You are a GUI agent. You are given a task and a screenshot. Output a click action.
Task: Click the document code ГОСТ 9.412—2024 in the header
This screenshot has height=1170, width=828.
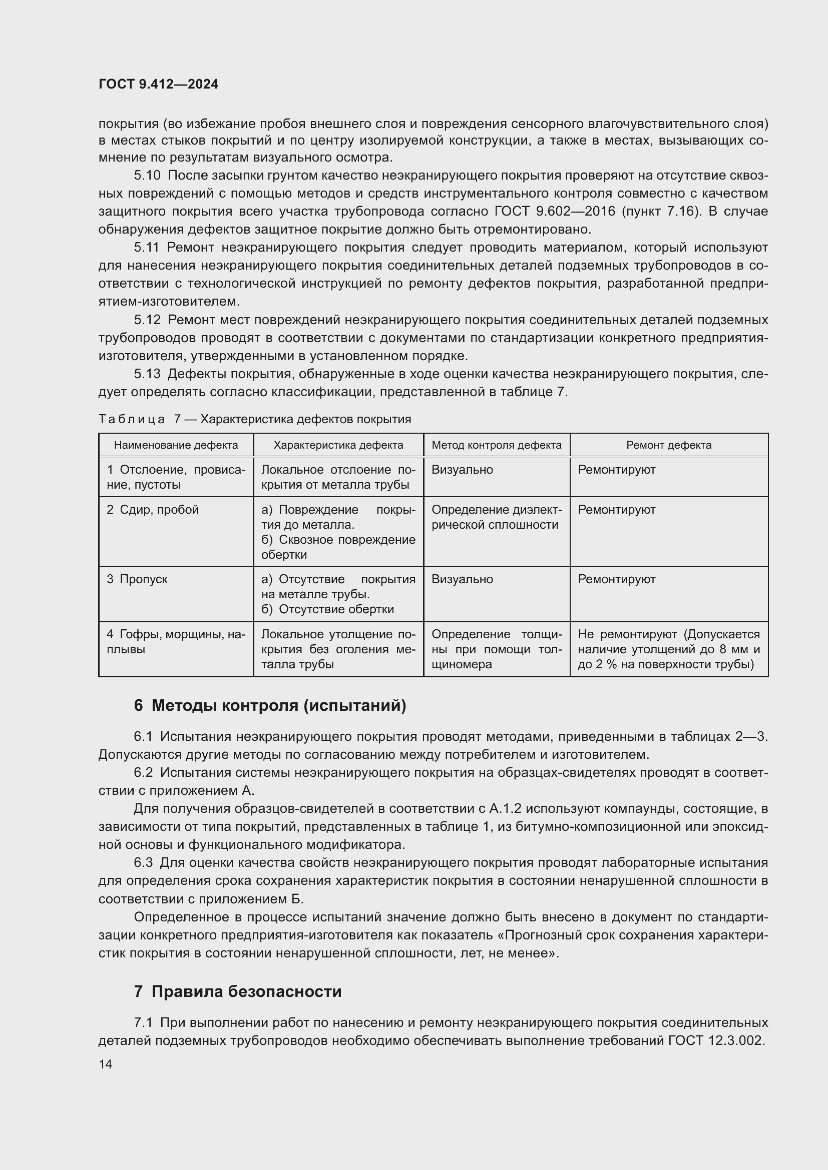coord(158,84)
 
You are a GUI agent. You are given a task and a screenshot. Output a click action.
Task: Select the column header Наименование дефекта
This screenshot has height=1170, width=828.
coord(176,445)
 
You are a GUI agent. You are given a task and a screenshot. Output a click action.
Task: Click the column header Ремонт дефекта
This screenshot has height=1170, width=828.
coord(668,445)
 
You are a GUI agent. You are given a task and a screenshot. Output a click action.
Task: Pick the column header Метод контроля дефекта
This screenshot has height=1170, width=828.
coord(496,445)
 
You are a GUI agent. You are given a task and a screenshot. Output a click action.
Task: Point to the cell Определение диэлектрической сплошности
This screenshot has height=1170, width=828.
coord(496,517)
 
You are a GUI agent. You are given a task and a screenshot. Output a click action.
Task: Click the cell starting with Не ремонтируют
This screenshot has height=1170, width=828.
coord(668,649)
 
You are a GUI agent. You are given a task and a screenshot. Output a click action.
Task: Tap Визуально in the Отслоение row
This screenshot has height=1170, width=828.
coord(462,469)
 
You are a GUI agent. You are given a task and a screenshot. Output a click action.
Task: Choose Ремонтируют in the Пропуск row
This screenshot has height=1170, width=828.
coord(616,579)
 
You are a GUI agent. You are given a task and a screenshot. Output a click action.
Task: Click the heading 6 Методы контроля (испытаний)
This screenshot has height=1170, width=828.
coord(270,705)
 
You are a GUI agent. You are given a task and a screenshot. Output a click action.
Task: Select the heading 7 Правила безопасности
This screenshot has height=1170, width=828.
coord(238,991)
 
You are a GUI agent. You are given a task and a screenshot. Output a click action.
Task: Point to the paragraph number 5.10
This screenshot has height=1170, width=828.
coord(147,175)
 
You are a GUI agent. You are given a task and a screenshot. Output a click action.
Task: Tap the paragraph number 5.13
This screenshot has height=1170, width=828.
coord(147,374)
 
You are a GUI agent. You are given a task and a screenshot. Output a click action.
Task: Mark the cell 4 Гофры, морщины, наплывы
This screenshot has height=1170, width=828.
coord(176,642)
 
